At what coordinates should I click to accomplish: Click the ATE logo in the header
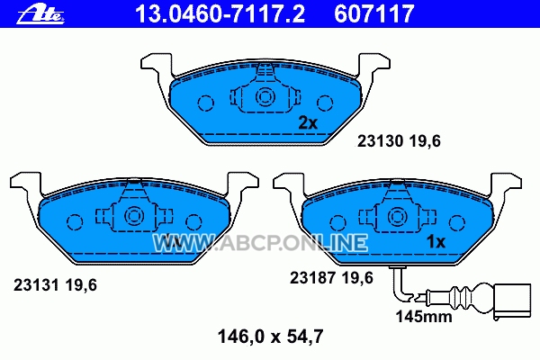(40, 14)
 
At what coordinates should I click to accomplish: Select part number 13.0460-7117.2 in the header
(220, 14)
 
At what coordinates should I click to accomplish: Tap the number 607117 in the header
(373, 14)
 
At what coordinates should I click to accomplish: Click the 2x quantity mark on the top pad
(308, 122)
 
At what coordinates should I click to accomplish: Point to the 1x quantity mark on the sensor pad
(436, 242)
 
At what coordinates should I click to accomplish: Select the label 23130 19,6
(399, 141)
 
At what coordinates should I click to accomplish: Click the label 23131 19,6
(55, 285)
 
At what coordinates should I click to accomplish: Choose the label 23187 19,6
(331, 278)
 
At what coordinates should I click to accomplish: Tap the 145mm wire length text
(424, 317)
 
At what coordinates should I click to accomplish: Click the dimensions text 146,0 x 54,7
(270, 337)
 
